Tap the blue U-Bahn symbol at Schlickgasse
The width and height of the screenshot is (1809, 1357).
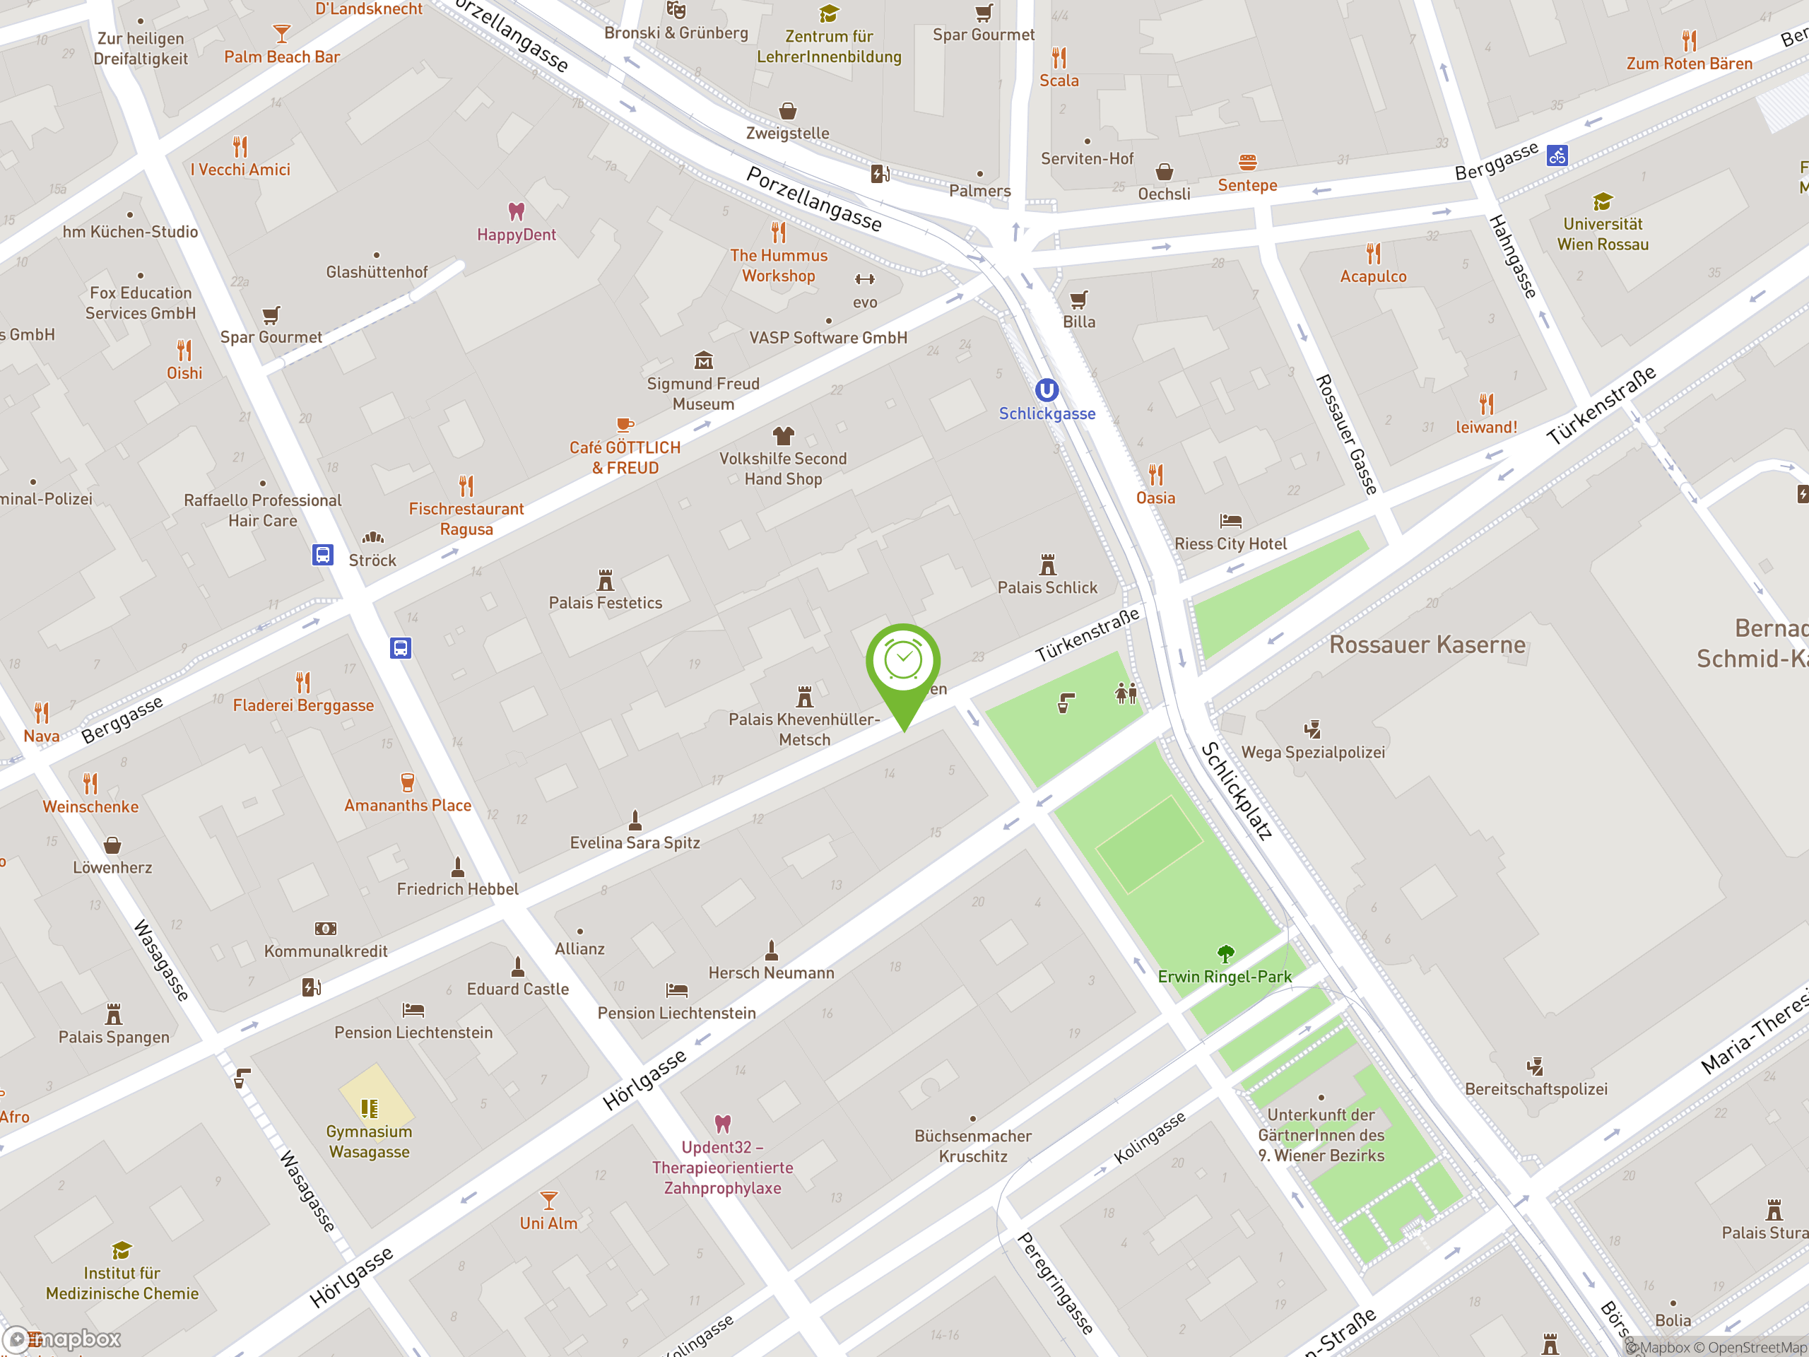[1047, 390]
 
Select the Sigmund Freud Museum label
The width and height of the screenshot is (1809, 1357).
[703, 394]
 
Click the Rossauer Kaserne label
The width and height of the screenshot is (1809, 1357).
[1427, 645]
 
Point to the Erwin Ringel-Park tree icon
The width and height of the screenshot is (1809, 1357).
[1225, 953]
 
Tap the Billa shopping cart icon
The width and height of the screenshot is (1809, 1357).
[1079, 300]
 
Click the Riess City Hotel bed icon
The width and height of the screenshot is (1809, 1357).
[1231, 520]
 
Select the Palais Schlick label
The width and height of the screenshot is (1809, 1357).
[1047, 587]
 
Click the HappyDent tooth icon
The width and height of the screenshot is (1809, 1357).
[516, 212]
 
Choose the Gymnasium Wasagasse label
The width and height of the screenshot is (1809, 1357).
[369, 1141]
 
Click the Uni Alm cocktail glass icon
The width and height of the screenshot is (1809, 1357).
[549, 1200]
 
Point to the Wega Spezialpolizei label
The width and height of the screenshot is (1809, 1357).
[1313, 753]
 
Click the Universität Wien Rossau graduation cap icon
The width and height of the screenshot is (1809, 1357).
[1602, 201]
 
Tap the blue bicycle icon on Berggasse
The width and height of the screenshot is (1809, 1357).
[1557, 155]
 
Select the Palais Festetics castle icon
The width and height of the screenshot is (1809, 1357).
[605, 580]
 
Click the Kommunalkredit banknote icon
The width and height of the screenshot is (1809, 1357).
[326, 929]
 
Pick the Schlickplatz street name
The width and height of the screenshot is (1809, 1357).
[1237, 790]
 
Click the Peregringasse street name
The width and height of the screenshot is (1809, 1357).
[1054, 1283]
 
